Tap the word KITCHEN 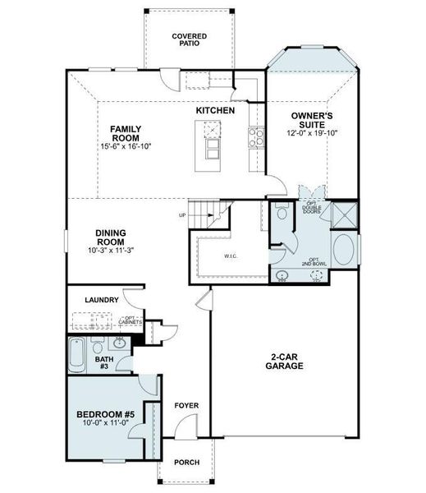click(x=216, y=110)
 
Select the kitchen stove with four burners click(x=255, y=136)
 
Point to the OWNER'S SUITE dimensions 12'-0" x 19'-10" click(x=314, y=133)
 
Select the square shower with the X click(x=346, y=213)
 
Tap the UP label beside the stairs click(x=182, y=215)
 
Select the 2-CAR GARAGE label click(x=285, y=362)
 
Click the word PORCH click(x=187, y=463)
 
